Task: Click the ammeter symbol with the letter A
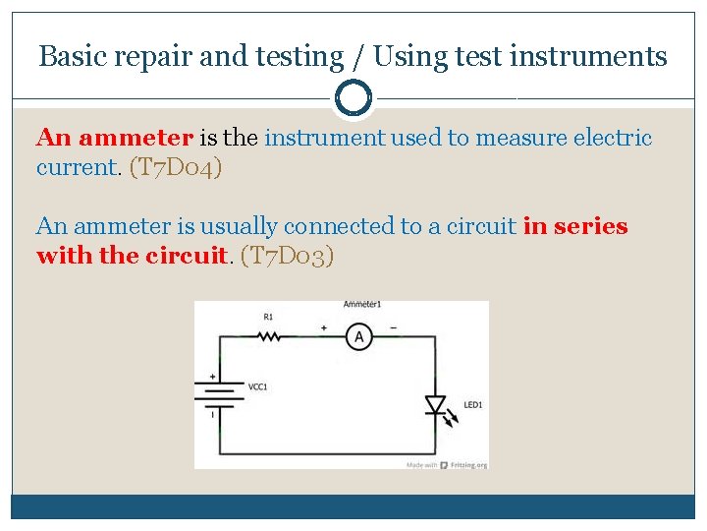[x=358, y=337]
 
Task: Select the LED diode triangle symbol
[x=434, y=405]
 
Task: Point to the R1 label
[x=269, y=317]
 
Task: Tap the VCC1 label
[x=258, y=386]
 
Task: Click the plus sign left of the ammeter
[x=324, y=326]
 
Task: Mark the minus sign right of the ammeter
[x=395, y=326]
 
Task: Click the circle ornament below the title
[x=353, y=98]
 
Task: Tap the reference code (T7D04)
[x=176, y=167]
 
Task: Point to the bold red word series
[x=590, y=226]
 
